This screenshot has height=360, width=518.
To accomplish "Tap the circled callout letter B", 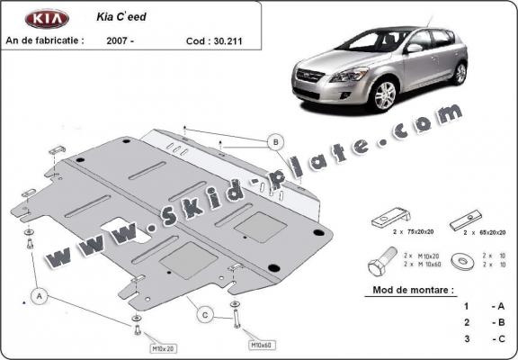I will click(x=274, y=141).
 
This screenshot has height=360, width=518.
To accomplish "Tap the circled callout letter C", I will click(x=206, y=314).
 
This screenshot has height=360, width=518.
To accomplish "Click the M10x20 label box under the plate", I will click(x=138, y=348).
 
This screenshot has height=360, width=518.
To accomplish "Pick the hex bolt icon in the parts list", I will click(x=379, y=265).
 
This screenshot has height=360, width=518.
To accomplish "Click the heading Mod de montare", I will click(x=413, y=291).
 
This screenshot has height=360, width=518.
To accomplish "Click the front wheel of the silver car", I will click(x=386, y=94).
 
